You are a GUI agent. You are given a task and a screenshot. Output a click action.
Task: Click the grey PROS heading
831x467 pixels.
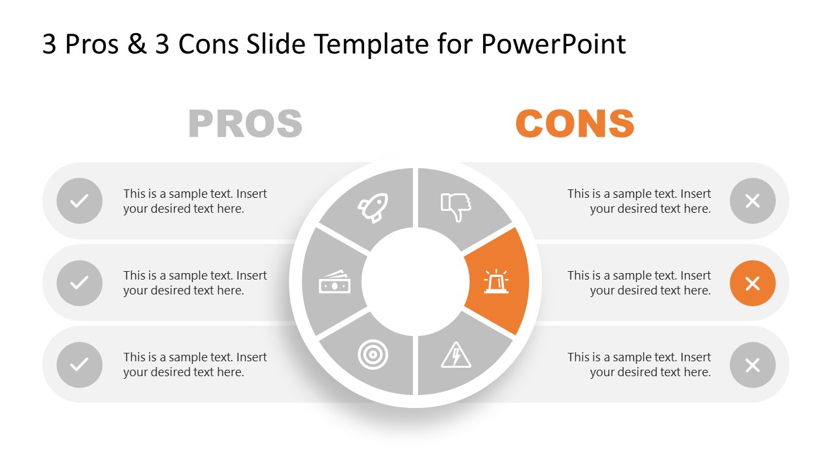point(245,124)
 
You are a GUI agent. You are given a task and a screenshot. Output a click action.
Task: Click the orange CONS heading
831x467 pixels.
point(575,124)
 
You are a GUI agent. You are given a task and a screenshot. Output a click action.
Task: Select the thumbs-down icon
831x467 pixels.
point(456,206)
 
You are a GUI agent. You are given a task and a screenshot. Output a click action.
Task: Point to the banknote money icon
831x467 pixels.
point(334,283)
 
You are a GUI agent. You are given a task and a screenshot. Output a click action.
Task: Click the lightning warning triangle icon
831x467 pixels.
point(456,355)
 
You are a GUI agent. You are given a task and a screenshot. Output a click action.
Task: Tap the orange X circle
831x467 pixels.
point(752,283)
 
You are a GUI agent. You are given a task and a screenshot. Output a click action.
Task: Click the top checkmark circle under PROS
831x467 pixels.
point(79,201)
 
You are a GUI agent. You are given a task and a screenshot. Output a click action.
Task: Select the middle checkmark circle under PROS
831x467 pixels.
point(79,283)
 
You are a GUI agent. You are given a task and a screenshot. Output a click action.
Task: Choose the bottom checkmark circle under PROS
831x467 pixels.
point(79,365)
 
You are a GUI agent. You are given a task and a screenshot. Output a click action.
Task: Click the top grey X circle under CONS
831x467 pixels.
point(752,201)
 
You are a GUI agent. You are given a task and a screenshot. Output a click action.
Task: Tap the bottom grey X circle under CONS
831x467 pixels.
point(752,365)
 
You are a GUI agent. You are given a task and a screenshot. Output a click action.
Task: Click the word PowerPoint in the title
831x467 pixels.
point(553,44)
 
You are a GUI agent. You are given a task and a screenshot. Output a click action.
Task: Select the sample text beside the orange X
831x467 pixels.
point(639,283)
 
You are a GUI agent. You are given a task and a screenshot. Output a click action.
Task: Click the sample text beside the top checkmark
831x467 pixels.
point(195,201)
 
